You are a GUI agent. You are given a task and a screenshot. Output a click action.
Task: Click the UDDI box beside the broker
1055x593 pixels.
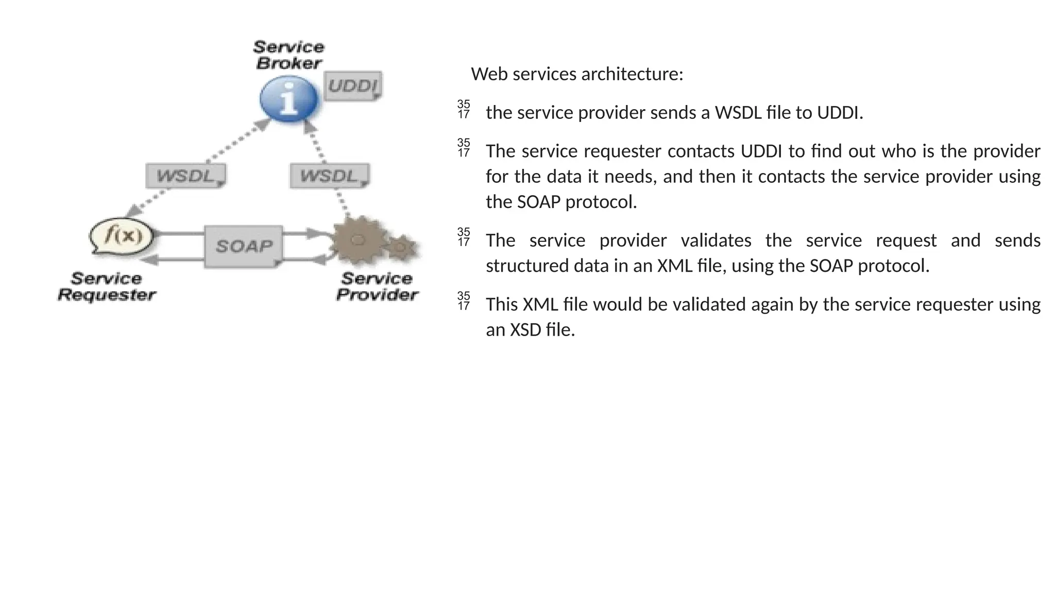tap(353, 86)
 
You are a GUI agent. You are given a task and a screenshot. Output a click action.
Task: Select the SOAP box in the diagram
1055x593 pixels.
tap(244, 247)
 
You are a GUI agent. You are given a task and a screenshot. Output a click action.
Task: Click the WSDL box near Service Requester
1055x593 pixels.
tap(185, 177)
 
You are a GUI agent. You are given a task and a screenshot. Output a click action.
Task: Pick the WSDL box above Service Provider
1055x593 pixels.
tap(329, 177)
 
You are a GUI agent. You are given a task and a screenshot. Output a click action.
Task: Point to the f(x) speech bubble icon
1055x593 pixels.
tap(122, 236)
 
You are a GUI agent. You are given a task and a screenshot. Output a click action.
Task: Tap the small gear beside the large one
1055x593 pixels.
tap(401, 248)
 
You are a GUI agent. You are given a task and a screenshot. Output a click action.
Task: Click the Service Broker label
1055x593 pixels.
tap(288, 55)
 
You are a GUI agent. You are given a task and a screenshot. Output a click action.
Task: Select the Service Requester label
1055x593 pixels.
tap(107, 287)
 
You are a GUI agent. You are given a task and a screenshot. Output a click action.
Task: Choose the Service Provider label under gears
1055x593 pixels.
tap(377, 287)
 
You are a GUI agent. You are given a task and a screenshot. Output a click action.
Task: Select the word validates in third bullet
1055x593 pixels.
tap(716, 240)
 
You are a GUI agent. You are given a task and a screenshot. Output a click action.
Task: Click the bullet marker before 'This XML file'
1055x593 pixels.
tap(464, 301)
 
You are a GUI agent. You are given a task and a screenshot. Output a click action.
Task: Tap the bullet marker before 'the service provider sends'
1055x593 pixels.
tap(464, 109)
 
